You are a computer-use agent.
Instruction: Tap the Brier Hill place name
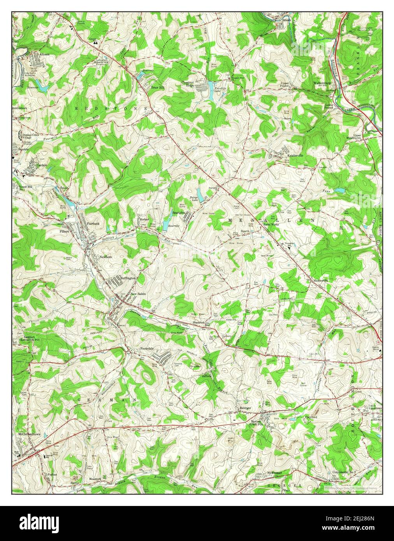(x=158, y=88)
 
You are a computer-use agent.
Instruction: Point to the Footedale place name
(x=147, y=348)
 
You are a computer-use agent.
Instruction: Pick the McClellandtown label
(x=29, y=434)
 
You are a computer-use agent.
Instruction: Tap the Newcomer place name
(x=274, y=472)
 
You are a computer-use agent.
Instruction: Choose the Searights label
(x=179, y=213)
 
